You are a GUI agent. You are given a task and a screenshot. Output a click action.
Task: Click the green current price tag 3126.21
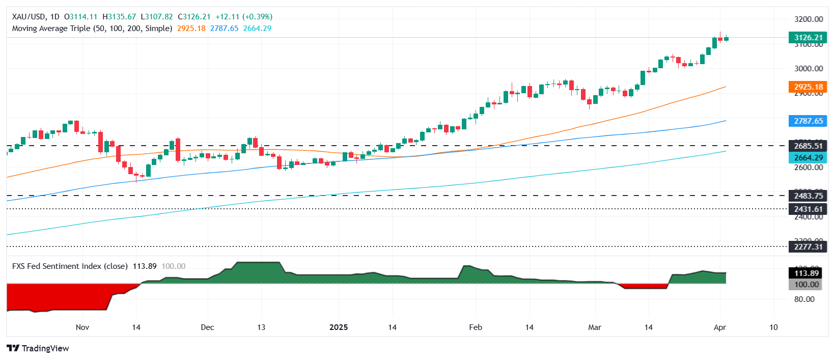808,38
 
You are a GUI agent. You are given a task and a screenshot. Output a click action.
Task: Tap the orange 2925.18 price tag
808,87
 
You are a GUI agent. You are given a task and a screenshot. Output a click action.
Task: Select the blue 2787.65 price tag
808,121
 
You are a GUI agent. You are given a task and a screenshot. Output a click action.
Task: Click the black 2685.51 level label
808,146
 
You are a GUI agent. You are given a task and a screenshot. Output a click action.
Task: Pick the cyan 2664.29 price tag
808,158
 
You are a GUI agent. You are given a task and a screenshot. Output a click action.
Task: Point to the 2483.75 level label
808,196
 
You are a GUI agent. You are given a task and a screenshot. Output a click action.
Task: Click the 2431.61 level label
808,209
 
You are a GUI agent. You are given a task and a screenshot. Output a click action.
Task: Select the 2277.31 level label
808,247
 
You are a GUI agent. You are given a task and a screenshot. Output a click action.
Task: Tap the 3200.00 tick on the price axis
809,19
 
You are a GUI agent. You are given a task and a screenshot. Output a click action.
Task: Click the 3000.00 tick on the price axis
809,69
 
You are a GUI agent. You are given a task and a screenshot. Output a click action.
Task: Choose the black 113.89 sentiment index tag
808,273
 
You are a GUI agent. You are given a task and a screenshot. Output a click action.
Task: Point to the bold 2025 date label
339,327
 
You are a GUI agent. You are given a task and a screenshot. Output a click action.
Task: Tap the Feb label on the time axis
476,327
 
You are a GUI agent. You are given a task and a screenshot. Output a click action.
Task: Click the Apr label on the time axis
719,327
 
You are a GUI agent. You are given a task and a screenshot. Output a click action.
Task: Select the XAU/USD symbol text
29,17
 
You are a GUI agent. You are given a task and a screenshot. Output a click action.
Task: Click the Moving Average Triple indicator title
92,29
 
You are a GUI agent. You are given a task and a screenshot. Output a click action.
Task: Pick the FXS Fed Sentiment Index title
70,266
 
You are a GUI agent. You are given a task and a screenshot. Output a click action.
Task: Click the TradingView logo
38,348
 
